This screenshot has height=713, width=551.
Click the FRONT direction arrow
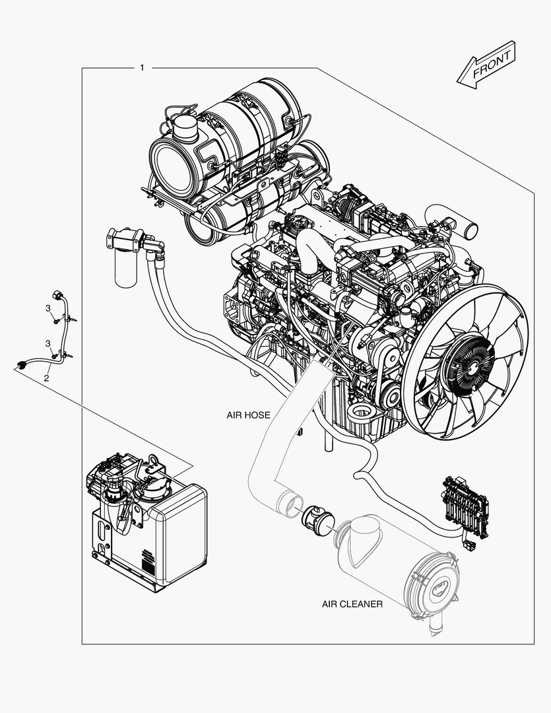pos(486,64)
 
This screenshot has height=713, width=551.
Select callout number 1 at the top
pos(142,68)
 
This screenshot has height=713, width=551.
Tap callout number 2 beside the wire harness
pos(46,378)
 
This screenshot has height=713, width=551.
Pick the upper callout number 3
pos(48,308)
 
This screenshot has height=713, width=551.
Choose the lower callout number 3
pos(48,343)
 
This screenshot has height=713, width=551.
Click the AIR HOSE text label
pos(248,415)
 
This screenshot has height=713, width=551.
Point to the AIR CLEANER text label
pos(352,604)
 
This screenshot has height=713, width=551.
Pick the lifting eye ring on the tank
pos(153,459)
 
